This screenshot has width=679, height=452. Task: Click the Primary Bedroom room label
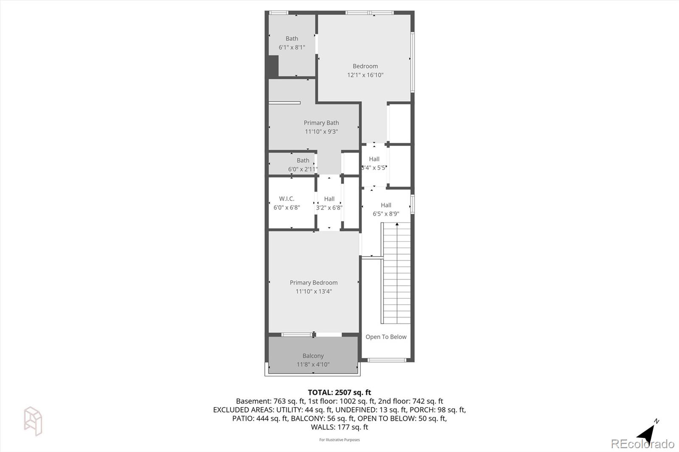pyautogui.click(x=314, y=283)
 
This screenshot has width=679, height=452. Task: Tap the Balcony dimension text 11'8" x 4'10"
pyautogui.click(x=313, y=365)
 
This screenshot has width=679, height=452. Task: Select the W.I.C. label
pyautogui.click(x=286, y=199)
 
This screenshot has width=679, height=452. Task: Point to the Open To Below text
pyautogui.click(x=386, y=337)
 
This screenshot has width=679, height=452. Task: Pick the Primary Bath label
pyautogui.click(x=321, y=123)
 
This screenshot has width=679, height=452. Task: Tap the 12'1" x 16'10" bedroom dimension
pyautogui.click(x=365, y=75)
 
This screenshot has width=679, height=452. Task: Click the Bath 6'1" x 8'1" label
pyautogui.click(x=292, y=43)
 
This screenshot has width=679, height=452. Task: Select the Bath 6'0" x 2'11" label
pyautogui.click(x=303, y=165)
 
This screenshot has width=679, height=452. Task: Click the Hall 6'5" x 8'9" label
pyautogui.click(x=386, y=209)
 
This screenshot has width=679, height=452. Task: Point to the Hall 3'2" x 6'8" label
pyautogui.click(x=329, y=203)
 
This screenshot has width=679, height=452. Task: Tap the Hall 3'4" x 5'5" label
pyautogui.click(x=374, y=163)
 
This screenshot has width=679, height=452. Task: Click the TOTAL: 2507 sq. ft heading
pyautogui.click(x=339, y=393)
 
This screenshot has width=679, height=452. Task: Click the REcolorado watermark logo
pyautogui.click(x=642, y=444)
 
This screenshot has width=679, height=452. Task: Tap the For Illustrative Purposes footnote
pyautogui.click(x=339, y=440)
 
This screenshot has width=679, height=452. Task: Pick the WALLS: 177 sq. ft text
pyautogui.click(x=339, y=427)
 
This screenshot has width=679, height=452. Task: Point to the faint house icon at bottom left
pyautogui.click(x=33, y=421)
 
